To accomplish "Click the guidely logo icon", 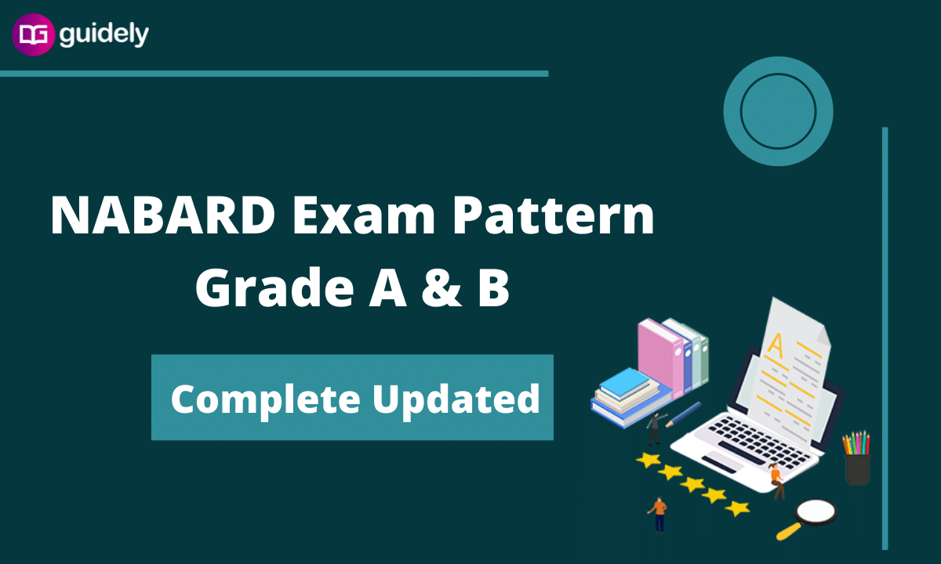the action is (33, 34).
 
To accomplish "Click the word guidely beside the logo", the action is (104, 34).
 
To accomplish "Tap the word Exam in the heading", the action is (364, 215).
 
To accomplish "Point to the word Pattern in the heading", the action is (554, 215).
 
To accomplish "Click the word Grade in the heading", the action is (274, 287).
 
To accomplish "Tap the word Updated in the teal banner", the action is (456, 399).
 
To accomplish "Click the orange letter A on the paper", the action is (776, 346).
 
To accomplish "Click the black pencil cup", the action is (857, 470).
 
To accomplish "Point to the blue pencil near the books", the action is (683, 414).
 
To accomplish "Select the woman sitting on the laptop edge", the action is (777, 481).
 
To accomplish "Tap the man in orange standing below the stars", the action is (658, 515).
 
